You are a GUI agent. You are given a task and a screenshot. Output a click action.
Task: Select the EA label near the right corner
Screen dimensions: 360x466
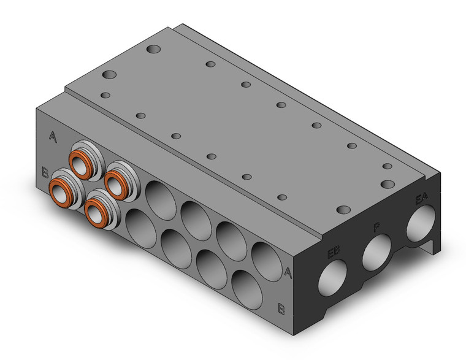[x=421, y=199]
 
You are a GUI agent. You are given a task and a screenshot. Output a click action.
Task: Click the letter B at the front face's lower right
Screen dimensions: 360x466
[x=281, y=308]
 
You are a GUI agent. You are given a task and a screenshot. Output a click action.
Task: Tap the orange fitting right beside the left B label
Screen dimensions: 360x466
[x=62, y=193]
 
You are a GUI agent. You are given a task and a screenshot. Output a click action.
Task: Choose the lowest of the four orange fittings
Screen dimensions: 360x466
[x=96, y=211]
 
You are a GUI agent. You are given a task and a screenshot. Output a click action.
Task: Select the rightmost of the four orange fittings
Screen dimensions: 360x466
[x=115, y=181]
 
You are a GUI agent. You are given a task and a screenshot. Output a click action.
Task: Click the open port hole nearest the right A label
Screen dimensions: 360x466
[x=264, y=258]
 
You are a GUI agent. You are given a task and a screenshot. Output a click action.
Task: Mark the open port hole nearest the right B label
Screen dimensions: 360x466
[x=246, y=287]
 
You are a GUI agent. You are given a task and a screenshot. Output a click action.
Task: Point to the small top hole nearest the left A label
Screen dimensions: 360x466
[x=105, y=95]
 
